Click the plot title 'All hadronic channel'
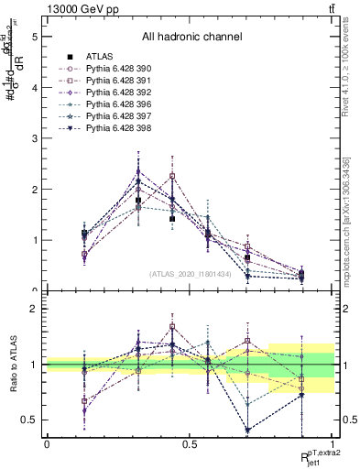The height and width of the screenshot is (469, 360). (x=191, y=38)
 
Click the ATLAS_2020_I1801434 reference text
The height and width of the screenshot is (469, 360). (x=190, y=274)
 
